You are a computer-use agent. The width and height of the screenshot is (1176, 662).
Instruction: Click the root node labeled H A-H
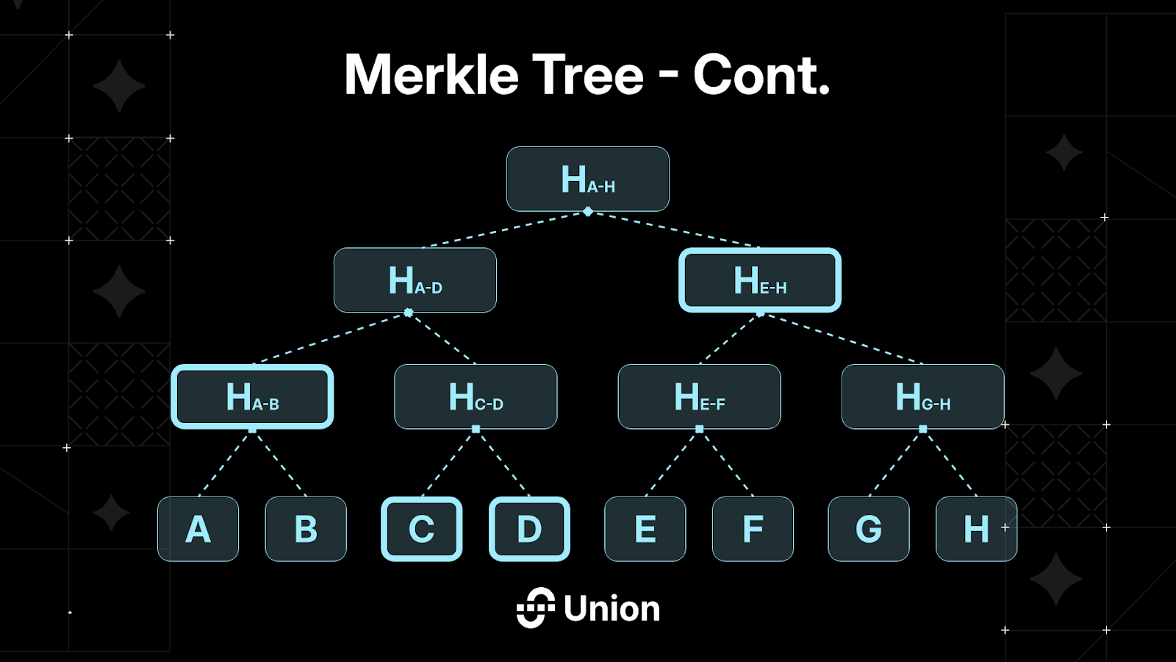(588, 179)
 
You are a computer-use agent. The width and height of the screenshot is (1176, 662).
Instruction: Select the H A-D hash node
(415, 280)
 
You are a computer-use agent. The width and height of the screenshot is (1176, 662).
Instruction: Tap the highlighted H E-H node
(760, 280)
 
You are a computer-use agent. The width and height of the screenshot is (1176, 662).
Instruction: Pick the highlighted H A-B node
(252, 396)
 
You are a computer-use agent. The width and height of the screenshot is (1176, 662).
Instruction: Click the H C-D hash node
(476, 396)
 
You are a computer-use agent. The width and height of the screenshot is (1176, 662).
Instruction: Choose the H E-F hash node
(699, 396)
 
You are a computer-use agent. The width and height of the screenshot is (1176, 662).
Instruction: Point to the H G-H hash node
(922, 396)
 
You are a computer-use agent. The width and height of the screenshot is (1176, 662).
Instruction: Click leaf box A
(198, 529)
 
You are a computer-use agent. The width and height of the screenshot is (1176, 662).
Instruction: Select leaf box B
(306, 529)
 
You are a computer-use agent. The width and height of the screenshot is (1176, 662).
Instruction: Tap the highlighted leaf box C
(421, 529)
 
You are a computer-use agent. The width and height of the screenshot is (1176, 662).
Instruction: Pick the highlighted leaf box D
(529, 529)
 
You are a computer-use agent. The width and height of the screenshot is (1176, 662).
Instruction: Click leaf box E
(645, 529)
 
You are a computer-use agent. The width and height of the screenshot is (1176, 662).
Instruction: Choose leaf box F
(753, 529)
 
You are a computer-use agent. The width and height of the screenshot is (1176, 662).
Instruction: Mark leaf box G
(868, 529)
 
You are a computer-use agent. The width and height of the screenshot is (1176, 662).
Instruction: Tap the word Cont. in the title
(761, 75)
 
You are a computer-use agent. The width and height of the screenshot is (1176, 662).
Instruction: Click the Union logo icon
(535, 608)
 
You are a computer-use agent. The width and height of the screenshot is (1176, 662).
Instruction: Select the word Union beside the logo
(612, 609)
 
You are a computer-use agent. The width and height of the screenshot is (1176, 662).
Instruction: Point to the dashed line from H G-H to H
(950, 463)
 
